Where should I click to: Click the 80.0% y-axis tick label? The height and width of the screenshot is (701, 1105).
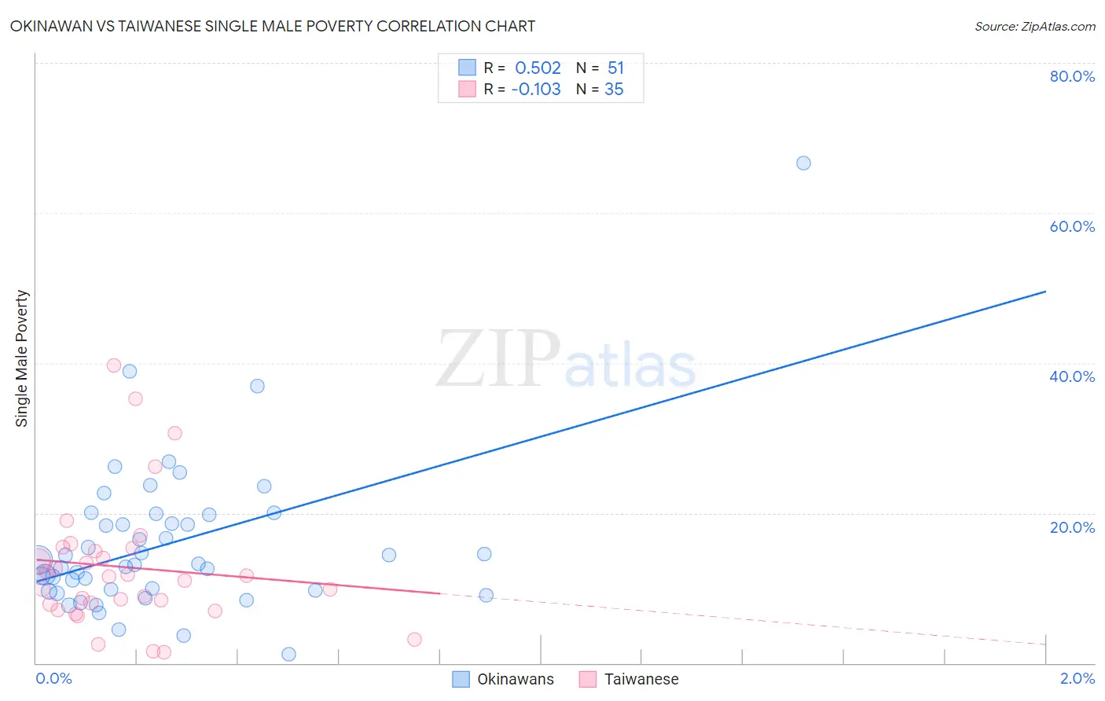(x=1072, y=76)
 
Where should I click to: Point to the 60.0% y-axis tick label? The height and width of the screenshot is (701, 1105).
(x=1072, y=226)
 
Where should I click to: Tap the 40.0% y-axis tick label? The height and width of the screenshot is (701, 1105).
(x=1072, y=376)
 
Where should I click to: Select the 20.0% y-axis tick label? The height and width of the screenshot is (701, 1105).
(x=1072, y=527)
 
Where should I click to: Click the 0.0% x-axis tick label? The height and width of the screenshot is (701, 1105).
(x=53, y=678)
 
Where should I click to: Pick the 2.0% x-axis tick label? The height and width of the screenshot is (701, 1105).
(x=1077, y=678)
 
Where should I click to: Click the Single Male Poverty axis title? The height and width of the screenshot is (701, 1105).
(x=22, y=358)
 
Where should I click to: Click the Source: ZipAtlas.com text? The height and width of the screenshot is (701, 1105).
(x=1034, y=26)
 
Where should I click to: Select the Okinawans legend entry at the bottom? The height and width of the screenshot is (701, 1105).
(x=504, y=679)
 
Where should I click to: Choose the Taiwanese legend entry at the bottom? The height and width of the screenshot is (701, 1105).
(x=629, y=679)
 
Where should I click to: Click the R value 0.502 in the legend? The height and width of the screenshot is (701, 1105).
(x=538, y=68)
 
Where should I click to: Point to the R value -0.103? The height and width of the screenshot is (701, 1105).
(x=536, y=89)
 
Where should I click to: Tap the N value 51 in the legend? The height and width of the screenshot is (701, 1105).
(x=615, y=68)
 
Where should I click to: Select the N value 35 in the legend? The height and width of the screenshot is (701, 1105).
(x=614, y=89)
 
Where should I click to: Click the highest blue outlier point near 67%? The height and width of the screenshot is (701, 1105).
(x=803, y=163)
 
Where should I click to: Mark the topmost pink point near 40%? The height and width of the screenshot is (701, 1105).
(x=114, y=365)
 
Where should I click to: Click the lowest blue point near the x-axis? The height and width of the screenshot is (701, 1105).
(x=288, y=654)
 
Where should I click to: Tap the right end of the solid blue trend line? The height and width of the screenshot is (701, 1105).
(x=1045, y=292)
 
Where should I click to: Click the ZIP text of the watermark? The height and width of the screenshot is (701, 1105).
(x=498, y=360)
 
